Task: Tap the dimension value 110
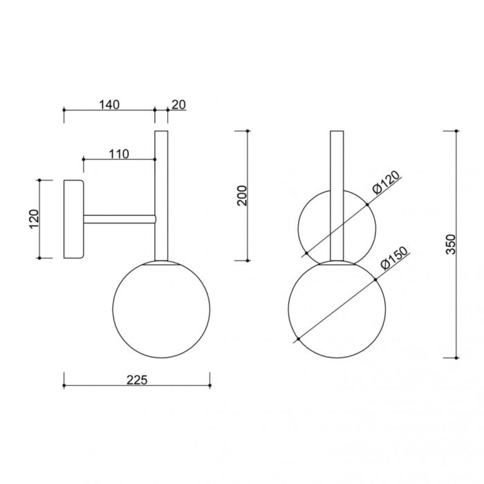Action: (x=119, y=154)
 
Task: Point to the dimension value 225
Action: (x=137, y=380)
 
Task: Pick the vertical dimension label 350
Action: (x=450, y=244)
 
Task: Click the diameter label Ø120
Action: (x=386, y=184)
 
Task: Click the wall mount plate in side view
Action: (x=73, y=219)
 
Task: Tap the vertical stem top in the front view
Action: (x=336, y=135)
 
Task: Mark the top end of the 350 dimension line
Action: (x=457, y=129)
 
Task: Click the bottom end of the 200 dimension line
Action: (x=248, y=261)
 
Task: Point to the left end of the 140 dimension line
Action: (x=64, y=109)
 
